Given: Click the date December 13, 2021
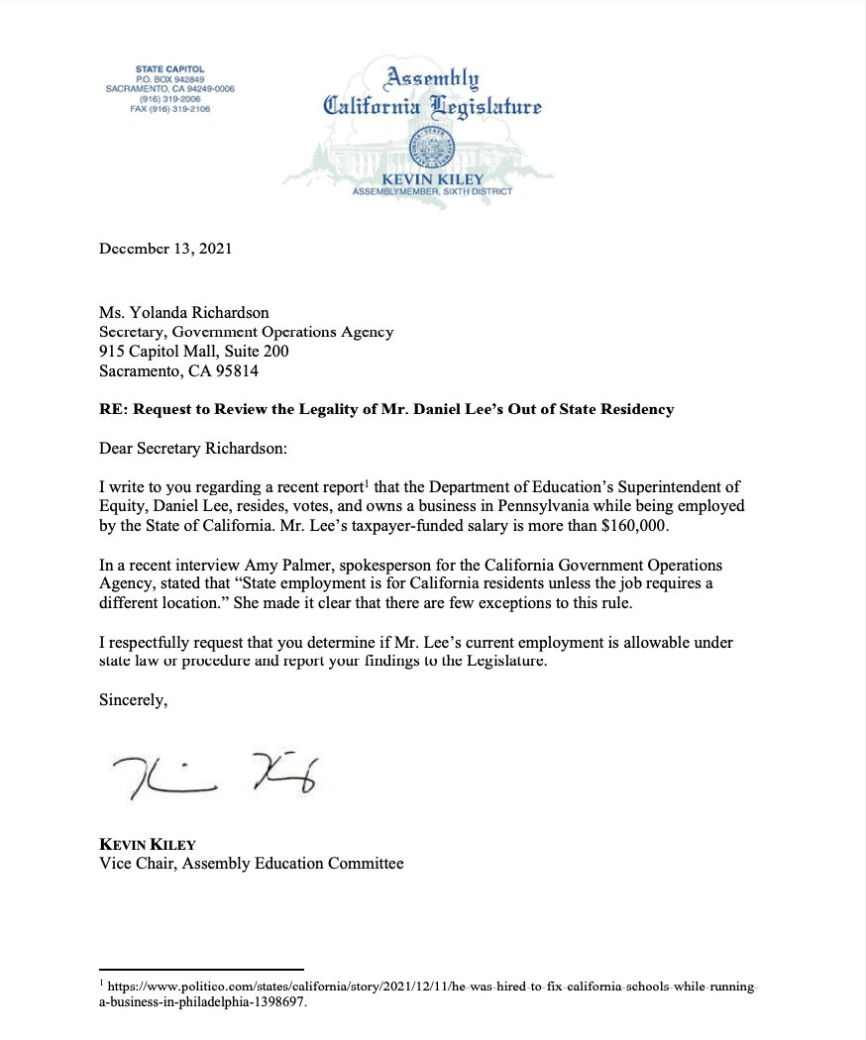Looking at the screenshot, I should point(165,249).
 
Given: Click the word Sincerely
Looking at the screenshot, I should point(134,699).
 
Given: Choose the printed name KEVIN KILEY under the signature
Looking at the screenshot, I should point(148,845).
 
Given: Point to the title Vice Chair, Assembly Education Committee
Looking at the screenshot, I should point(251,864).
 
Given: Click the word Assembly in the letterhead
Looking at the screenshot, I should point(433,78).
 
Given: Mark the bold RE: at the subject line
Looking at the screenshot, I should point(113,410).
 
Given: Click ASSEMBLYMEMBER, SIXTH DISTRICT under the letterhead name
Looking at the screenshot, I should point(432,191).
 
